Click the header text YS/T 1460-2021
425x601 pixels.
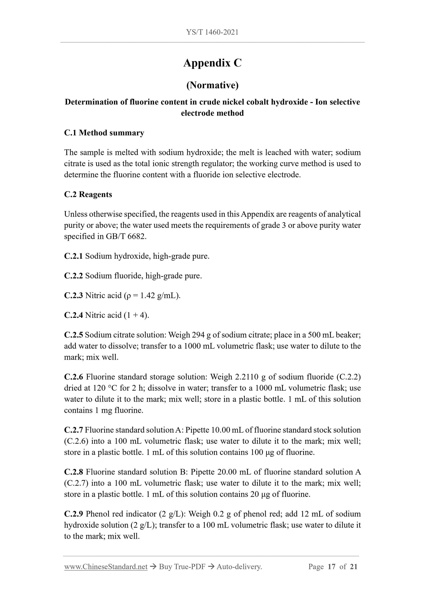212,32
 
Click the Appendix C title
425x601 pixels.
212,63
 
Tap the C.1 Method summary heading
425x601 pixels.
104,133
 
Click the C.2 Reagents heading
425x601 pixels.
88,195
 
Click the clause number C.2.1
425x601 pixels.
73,256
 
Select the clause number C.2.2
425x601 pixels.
73,276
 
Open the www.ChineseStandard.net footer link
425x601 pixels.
106,567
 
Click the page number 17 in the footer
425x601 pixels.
331,567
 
